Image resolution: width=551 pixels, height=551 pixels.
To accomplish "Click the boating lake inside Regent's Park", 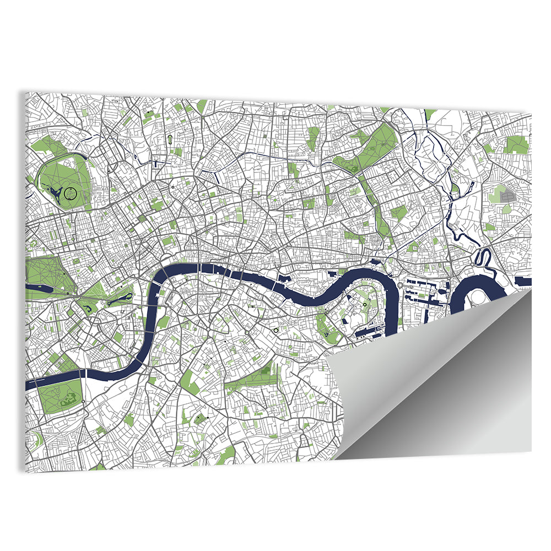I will click(55, 192).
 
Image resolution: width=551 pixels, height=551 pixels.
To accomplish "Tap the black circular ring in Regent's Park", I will click(71, 193).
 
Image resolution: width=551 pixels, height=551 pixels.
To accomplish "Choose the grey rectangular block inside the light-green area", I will click(506, 195).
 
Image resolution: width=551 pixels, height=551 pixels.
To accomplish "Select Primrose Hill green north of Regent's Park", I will click(47, 146).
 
